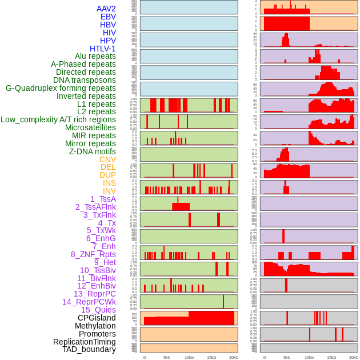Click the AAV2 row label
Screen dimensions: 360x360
click(x=106, y=9)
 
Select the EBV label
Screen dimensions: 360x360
click(x=107, y=17)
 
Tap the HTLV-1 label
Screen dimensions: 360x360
click(x=102, y=49)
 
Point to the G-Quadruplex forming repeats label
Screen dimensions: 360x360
click(x=61, y=88)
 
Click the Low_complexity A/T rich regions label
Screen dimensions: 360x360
click(x=58, y=119)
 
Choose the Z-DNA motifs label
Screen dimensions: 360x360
click(x=92, y=151)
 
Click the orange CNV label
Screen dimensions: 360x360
click(x=107, y=159)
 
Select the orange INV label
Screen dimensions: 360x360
click(x=109, y=191)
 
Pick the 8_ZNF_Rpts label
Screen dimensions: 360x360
click(x=93, y=254)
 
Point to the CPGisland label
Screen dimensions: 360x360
click(x=97, y=318)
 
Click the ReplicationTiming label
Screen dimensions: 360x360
click(x=85, y=342)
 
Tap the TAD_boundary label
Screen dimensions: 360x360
click(x=89, y=349)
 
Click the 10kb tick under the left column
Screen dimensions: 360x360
click(x=189, y=357)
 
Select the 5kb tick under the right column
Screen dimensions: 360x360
click(x=286, y=357)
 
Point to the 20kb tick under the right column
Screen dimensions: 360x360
click(x=354, y=357)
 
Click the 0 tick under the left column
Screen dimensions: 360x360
click(x=144, y=357)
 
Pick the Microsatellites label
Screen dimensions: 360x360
click(x=90, y=127)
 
